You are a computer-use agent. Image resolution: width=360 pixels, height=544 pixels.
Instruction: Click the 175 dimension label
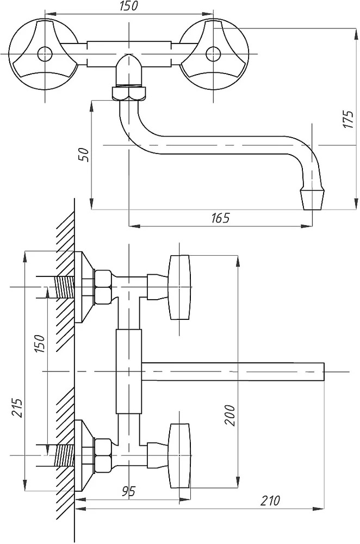coord(348,120)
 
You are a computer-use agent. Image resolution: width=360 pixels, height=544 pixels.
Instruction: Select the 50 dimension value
coord(85,154)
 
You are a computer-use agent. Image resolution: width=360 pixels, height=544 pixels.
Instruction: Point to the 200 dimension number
coord(230,415)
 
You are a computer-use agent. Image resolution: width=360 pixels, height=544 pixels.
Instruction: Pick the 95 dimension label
coord(128,491)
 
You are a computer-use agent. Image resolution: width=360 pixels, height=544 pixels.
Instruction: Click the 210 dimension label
coord(270,501)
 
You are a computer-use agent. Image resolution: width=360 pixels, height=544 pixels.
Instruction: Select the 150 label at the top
coord(128,6)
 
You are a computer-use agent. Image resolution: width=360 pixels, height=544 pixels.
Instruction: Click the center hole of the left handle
coord(45,54)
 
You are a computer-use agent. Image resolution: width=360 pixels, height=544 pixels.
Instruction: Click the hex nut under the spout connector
coord(129,93)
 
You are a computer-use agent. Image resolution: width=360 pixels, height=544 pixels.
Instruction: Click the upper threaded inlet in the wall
coord(65,287)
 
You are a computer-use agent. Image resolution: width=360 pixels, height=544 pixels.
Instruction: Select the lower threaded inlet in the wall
coord(65,455)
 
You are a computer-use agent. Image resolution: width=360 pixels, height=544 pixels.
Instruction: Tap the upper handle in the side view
coord(179,287)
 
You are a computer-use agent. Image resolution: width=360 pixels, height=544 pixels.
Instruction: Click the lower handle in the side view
coord(179,455)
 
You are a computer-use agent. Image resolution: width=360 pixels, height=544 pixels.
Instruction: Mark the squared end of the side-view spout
coord(323,371)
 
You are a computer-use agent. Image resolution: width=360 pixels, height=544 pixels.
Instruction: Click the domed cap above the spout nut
coord(129,70)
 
